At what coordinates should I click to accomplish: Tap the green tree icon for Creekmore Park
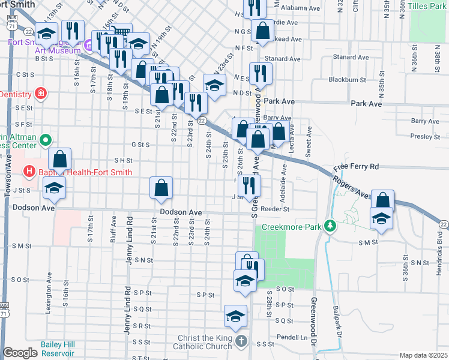coord(329,226)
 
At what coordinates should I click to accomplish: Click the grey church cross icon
coord(241,342)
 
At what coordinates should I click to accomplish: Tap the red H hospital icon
coord(28,172)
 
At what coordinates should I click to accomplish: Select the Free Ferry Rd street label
coord(357,166)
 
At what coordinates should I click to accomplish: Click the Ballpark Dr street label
coord(337,324)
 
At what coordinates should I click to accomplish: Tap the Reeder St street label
coord(277,209)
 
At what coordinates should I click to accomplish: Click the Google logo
coord(21,353)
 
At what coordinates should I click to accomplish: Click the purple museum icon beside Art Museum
coord(87,44)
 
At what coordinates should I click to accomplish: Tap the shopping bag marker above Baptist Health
coord(59,160)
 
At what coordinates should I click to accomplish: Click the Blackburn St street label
coord(347,79)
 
